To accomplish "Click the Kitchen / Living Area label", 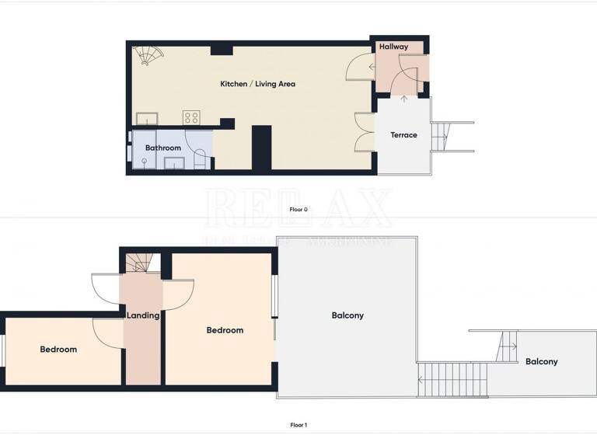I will pyautogui.click(x=257, y=84).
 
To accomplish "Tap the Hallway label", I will pyautogui.click(x=393, y=47).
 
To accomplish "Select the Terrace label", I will pyautogui.click(x=403, y=135).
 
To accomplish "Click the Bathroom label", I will pyautogui.click(x=163, y=148).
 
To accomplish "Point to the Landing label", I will pyautogui.click(x=143, y=315).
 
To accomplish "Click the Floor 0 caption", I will pyautogui.click(x=298, y=210).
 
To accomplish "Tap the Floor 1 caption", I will pyautogui.click(x=298, y=425).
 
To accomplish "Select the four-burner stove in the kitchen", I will pyautogui.click(x=191, y=117).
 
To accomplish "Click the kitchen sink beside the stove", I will pyautogui.click(x=147, y=118).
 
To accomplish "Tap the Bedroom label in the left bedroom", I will pyautogui.click(x=59, y=350).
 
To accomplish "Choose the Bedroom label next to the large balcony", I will pyautogui.click(x=225, y=330).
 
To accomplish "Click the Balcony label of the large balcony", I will pyautogui.click(x=347, y=315).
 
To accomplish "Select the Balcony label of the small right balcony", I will pyautogui.click(x=541, y=362).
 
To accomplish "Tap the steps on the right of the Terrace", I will pyautogui.click(x=441, y=136).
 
